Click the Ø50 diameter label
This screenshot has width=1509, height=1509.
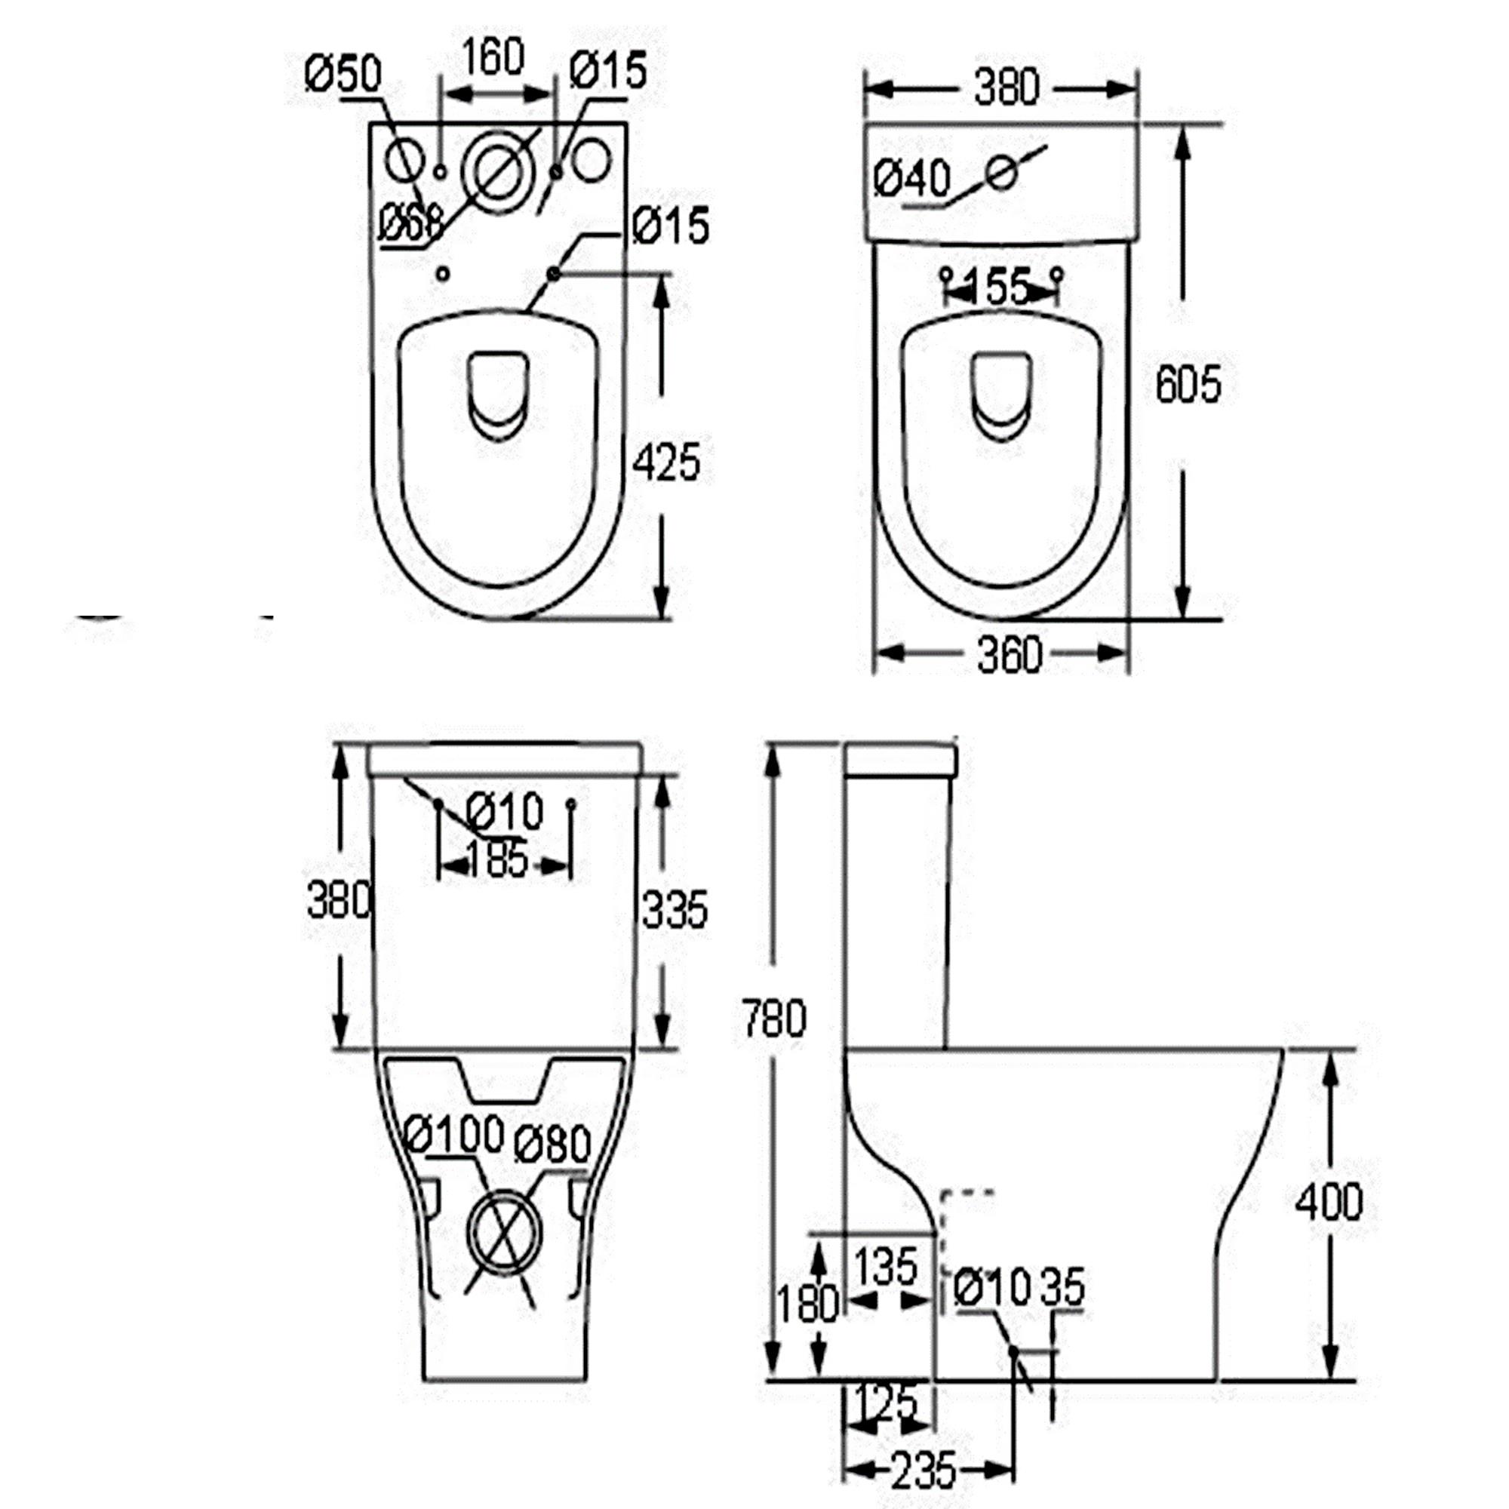coord(343,74)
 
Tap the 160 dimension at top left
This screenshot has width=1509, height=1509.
coord(493,57)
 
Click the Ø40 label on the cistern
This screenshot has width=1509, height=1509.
coord(912,179)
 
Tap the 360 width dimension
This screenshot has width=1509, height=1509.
coord(1010,654)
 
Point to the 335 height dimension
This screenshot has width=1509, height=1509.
coord(675,909)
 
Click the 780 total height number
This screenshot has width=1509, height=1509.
coord(773,1019)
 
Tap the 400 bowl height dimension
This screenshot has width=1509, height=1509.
coord(1329,1202)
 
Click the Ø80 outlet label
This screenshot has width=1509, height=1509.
coord(552,1146)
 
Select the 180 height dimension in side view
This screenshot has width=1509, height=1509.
coord(807,1303)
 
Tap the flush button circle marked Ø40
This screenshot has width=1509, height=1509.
coord(1001,172)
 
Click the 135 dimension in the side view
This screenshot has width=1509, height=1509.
coord(887,1267)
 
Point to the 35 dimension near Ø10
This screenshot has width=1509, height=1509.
coord(1063,1286)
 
